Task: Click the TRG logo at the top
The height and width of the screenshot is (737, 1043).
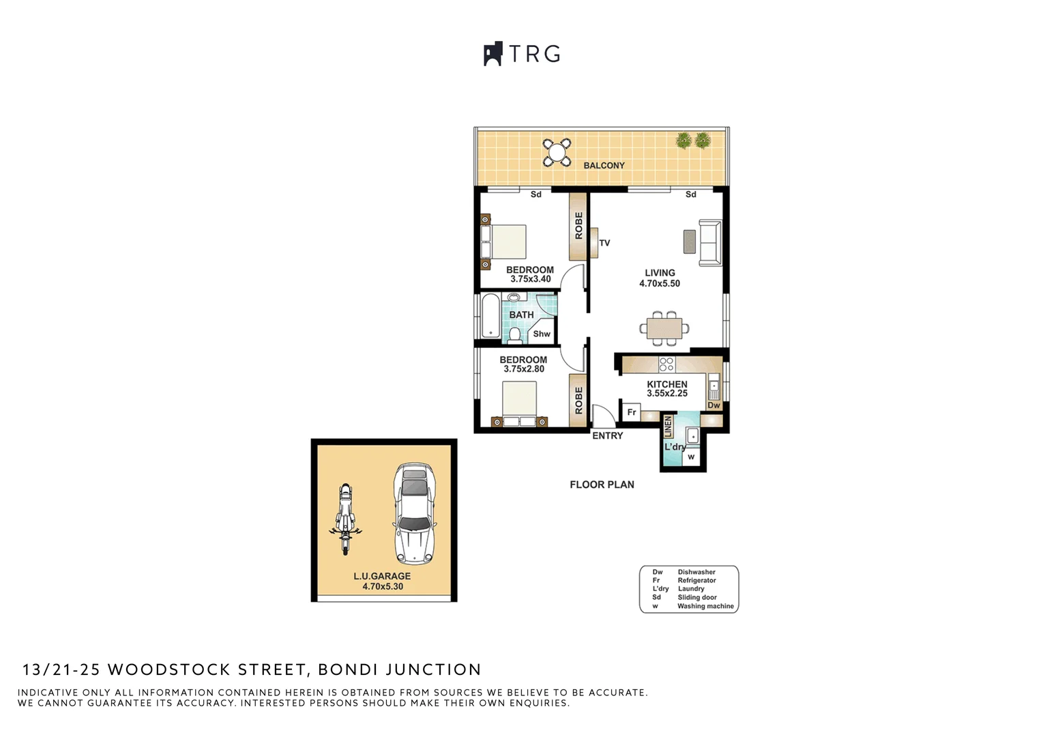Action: [x=522, y=54]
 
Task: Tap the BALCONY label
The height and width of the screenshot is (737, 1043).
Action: [x=604, y=165]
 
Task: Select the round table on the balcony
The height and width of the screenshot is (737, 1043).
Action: [x=557, y=152]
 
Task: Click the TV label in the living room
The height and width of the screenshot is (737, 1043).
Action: [x=604, y=243]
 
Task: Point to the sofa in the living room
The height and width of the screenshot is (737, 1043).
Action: [x=710, y=243]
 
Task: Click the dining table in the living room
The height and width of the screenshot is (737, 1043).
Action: [x=664, y=328]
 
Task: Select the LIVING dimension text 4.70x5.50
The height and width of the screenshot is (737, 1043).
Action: [x=659, y=284]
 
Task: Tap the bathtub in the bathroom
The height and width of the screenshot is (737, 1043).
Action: [x=490, y=316]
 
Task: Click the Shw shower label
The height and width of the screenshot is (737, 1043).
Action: [x=542, y=334]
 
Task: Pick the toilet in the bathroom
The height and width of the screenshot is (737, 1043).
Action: [x=515, y=335]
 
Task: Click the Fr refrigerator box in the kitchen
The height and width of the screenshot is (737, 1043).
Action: [x=632, y=412]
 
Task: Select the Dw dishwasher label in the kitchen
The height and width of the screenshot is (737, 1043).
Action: [x=714, y=405]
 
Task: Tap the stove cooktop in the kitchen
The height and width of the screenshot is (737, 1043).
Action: [x=666, y=364]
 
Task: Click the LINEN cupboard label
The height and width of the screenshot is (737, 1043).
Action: [x=668, y=427]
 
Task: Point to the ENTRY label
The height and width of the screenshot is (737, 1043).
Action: [x=607, y=436]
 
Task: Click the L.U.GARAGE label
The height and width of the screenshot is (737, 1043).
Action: [x=382, y=576]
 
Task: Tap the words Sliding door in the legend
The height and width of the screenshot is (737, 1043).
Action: [x=696, y=597]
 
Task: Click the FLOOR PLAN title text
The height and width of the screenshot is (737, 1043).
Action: [x=602, y=485]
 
